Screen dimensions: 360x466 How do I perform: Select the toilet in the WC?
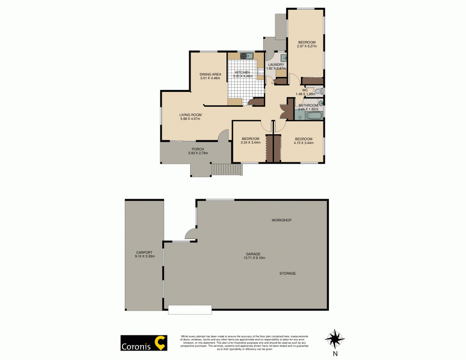tap(319, 91)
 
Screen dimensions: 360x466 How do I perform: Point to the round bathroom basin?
tap(321, 103)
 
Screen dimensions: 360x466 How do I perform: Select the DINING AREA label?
tap(210, 74)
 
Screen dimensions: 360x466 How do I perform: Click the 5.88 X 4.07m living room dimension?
tap(190, 118)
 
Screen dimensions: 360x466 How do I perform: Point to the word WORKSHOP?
tap(281, 220)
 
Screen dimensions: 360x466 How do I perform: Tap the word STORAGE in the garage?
tap(288, 273)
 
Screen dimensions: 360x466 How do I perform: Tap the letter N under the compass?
tap(335, 353)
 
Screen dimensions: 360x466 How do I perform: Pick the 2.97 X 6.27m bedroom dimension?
tap(308, 46)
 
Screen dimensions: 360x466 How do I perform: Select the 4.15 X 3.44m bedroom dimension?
tap(304, 143)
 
